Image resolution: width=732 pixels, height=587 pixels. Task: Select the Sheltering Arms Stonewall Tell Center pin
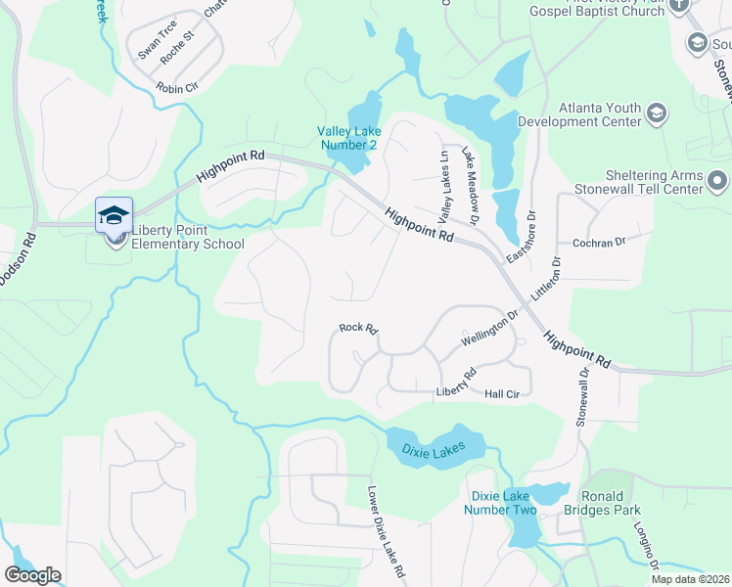coord(718,181)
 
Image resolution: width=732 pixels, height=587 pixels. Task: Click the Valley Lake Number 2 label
coord(346,138)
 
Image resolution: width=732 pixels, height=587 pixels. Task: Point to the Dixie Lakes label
coord(442,449)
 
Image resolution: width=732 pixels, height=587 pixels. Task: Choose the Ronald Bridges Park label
coord(609,503)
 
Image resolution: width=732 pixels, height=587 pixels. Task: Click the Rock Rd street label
coord(358,329)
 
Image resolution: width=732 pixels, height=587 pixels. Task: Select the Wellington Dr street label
coord(489,333)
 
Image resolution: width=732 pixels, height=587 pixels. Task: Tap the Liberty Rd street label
coord(455,384)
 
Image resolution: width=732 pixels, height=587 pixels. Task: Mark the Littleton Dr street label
coord(546,278)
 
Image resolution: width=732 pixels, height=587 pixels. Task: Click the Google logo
coord(32,575)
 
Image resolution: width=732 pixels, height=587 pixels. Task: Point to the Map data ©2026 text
coord(690,579)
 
